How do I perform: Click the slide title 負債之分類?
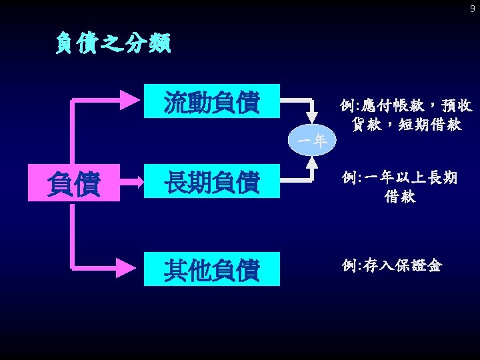tap(113, 44)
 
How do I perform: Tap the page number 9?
tap(473, 9)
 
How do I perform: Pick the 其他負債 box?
tap(212, 270)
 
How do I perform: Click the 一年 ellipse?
tap(311, 141)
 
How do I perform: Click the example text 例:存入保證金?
tap(391, 265)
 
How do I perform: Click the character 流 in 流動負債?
tap(176, 103)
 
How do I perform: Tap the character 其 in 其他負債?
tap(176, 270)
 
